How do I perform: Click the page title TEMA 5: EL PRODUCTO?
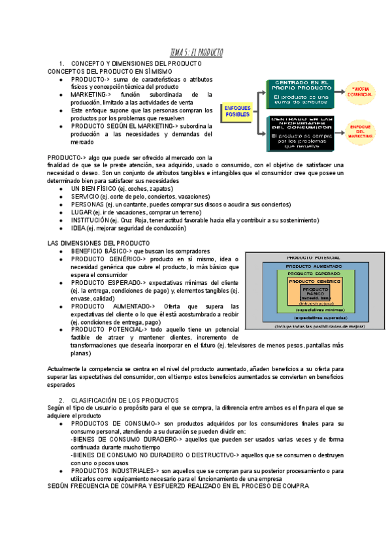point(196,52)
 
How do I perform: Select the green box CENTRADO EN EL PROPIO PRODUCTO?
point(301,92)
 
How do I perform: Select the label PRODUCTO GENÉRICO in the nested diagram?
point(316,280)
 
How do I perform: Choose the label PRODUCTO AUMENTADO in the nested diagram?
point(316,267)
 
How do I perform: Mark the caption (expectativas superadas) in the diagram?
point(316,318)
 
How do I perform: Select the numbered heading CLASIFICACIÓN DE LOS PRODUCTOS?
point(125,399)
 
